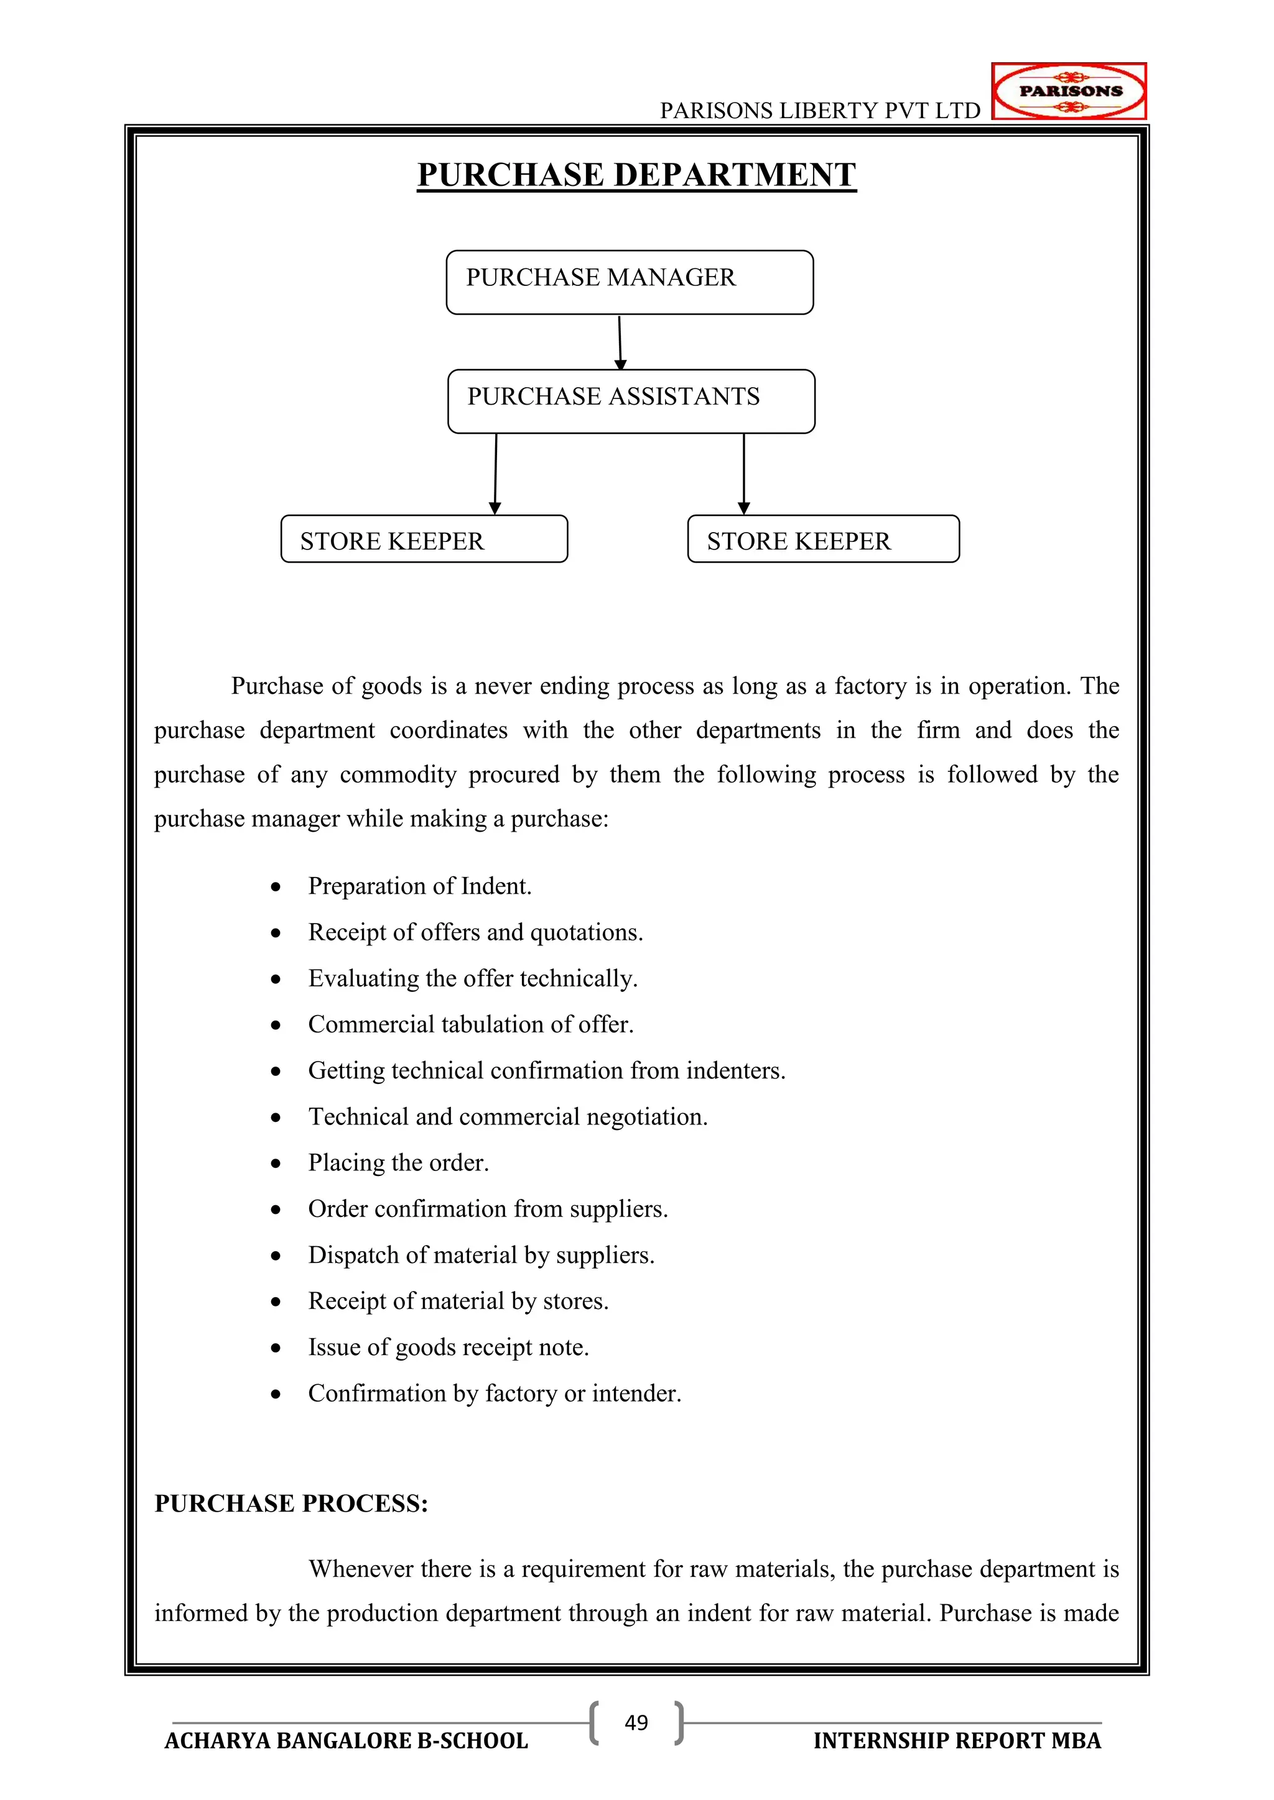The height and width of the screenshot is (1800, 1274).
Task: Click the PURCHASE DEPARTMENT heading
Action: click(x=636, y=174)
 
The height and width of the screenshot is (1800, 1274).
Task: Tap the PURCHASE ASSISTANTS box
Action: click(x=631, y=401)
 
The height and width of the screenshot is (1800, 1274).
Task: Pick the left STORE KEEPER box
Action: click(x=424, y=540)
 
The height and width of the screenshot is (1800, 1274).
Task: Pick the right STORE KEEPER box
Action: click(x=823, y=540)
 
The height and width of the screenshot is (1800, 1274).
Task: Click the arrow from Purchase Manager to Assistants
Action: click(x=620, y=342)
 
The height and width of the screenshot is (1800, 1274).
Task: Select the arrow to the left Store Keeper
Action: click(x=495, y=474)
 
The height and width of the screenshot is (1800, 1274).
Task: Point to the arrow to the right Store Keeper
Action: click(x=744, y=474)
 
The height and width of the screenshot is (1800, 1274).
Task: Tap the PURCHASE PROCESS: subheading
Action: click(x=291, y=1503)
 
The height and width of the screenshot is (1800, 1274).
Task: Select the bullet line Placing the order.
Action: click(x=399, y=1163)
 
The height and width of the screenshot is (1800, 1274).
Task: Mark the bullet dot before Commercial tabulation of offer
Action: click(x=276, y=1026)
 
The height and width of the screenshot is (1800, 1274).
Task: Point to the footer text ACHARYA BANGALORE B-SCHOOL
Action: click(x=346, y=1740)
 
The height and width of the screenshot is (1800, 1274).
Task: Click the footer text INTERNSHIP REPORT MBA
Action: click(x=957, y=1740)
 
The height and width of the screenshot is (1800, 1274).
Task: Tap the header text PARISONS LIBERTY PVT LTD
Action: click(x=820, y=111)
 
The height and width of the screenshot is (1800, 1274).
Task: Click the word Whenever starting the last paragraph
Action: click(x=361, y=1569)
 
